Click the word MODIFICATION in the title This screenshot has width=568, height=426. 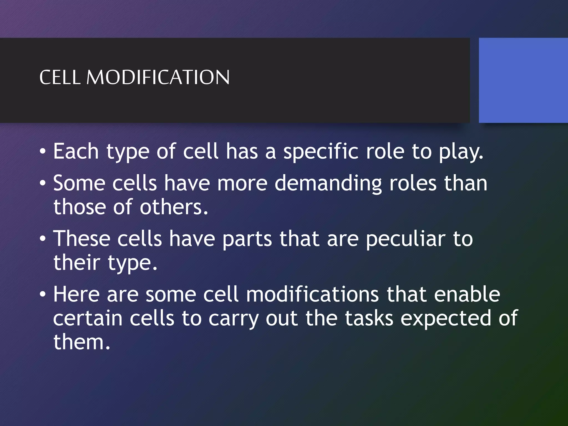(x=158, y=77)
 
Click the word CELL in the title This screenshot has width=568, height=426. (x=60, y=77)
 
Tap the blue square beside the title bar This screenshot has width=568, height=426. (x=523, y=80)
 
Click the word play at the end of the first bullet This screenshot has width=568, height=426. (x=461, y=152)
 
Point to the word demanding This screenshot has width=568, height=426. (x=328, y=184)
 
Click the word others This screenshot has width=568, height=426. (x=173, y=207)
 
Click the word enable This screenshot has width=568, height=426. (x=467, y=294)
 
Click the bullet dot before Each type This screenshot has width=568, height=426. (x=42, y=152)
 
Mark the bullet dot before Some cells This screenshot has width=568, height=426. (x=42, y=184)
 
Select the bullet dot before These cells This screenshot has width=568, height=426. (x=42, y=239)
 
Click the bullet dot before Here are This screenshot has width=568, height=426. (x=42, y=295)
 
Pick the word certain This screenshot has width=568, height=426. (x=88, y=318)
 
